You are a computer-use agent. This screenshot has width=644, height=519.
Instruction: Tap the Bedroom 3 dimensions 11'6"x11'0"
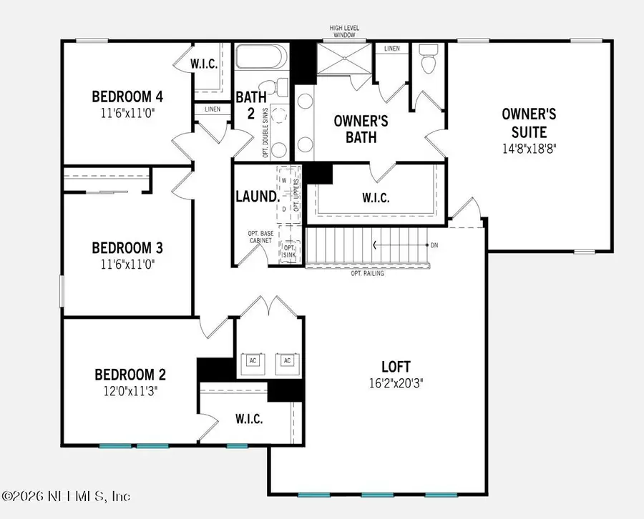(127, 264)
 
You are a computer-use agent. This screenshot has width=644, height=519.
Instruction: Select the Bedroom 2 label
(131, 375)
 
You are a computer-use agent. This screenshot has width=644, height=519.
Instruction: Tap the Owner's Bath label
(361, 129)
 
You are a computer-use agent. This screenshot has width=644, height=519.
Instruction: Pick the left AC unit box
(252, 360)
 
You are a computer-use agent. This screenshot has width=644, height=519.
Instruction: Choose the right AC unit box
(287, 360)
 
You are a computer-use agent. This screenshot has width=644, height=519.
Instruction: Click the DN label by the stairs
(434, 245)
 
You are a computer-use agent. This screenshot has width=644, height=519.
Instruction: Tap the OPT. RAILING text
(368, 273)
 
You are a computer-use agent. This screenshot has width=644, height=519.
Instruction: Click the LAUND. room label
(255, 195)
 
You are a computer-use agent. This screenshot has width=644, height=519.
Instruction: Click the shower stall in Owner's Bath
(343, 57)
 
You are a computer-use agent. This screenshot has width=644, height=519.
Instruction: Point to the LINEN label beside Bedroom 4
(213, 109)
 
